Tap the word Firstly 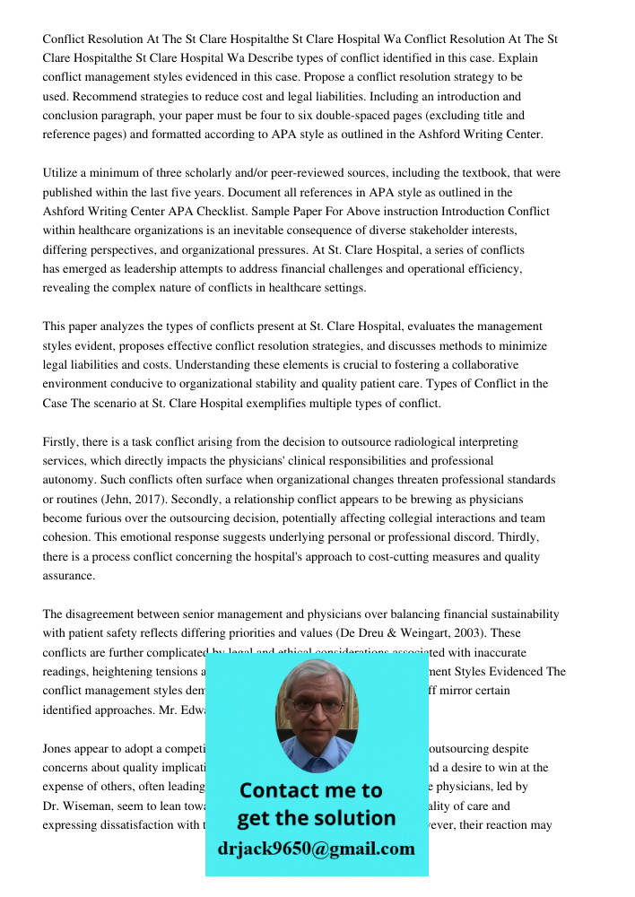pos(63,442)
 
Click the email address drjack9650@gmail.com pos(316,848)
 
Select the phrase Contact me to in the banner pos(310,790)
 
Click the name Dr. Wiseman pos(76,806)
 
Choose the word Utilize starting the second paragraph pos(62,173)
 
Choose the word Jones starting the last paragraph pos(58,748)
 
